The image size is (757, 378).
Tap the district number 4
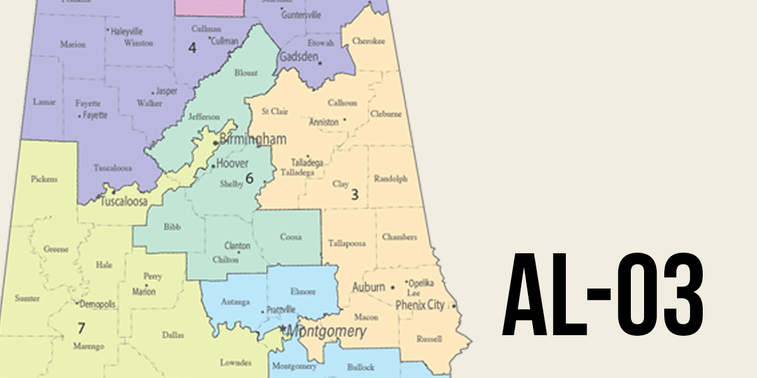tap(192, 47)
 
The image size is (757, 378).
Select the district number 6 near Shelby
tap(249, 178)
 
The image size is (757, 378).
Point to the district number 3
tap(355, 195)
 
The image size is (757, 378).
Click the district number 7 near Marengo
tap(81, 328)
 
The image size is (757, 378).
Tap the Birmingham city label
tap(252, 139)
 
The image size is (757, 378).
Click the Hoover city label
tap(232, 164)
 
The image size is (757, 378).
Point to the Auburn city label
tap(368, 287)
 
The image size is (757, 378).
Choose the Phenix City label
tap(420, 305)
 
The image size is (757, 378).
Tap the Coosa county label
tap(290, 238)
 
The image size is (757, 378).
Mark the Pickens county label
tap(44, 179)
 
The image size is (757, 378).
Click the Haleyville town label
tap(127, 30)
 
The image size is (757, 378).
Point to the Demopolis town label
tap(97, 304)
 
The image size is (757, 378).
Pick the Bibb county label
tap(172, 226)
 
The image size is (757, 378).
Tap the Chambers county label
tap(399, 237)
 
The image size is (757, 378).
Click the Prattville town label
tap(281, 309)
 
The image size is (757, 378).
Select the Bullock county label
tap(360, 367)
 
